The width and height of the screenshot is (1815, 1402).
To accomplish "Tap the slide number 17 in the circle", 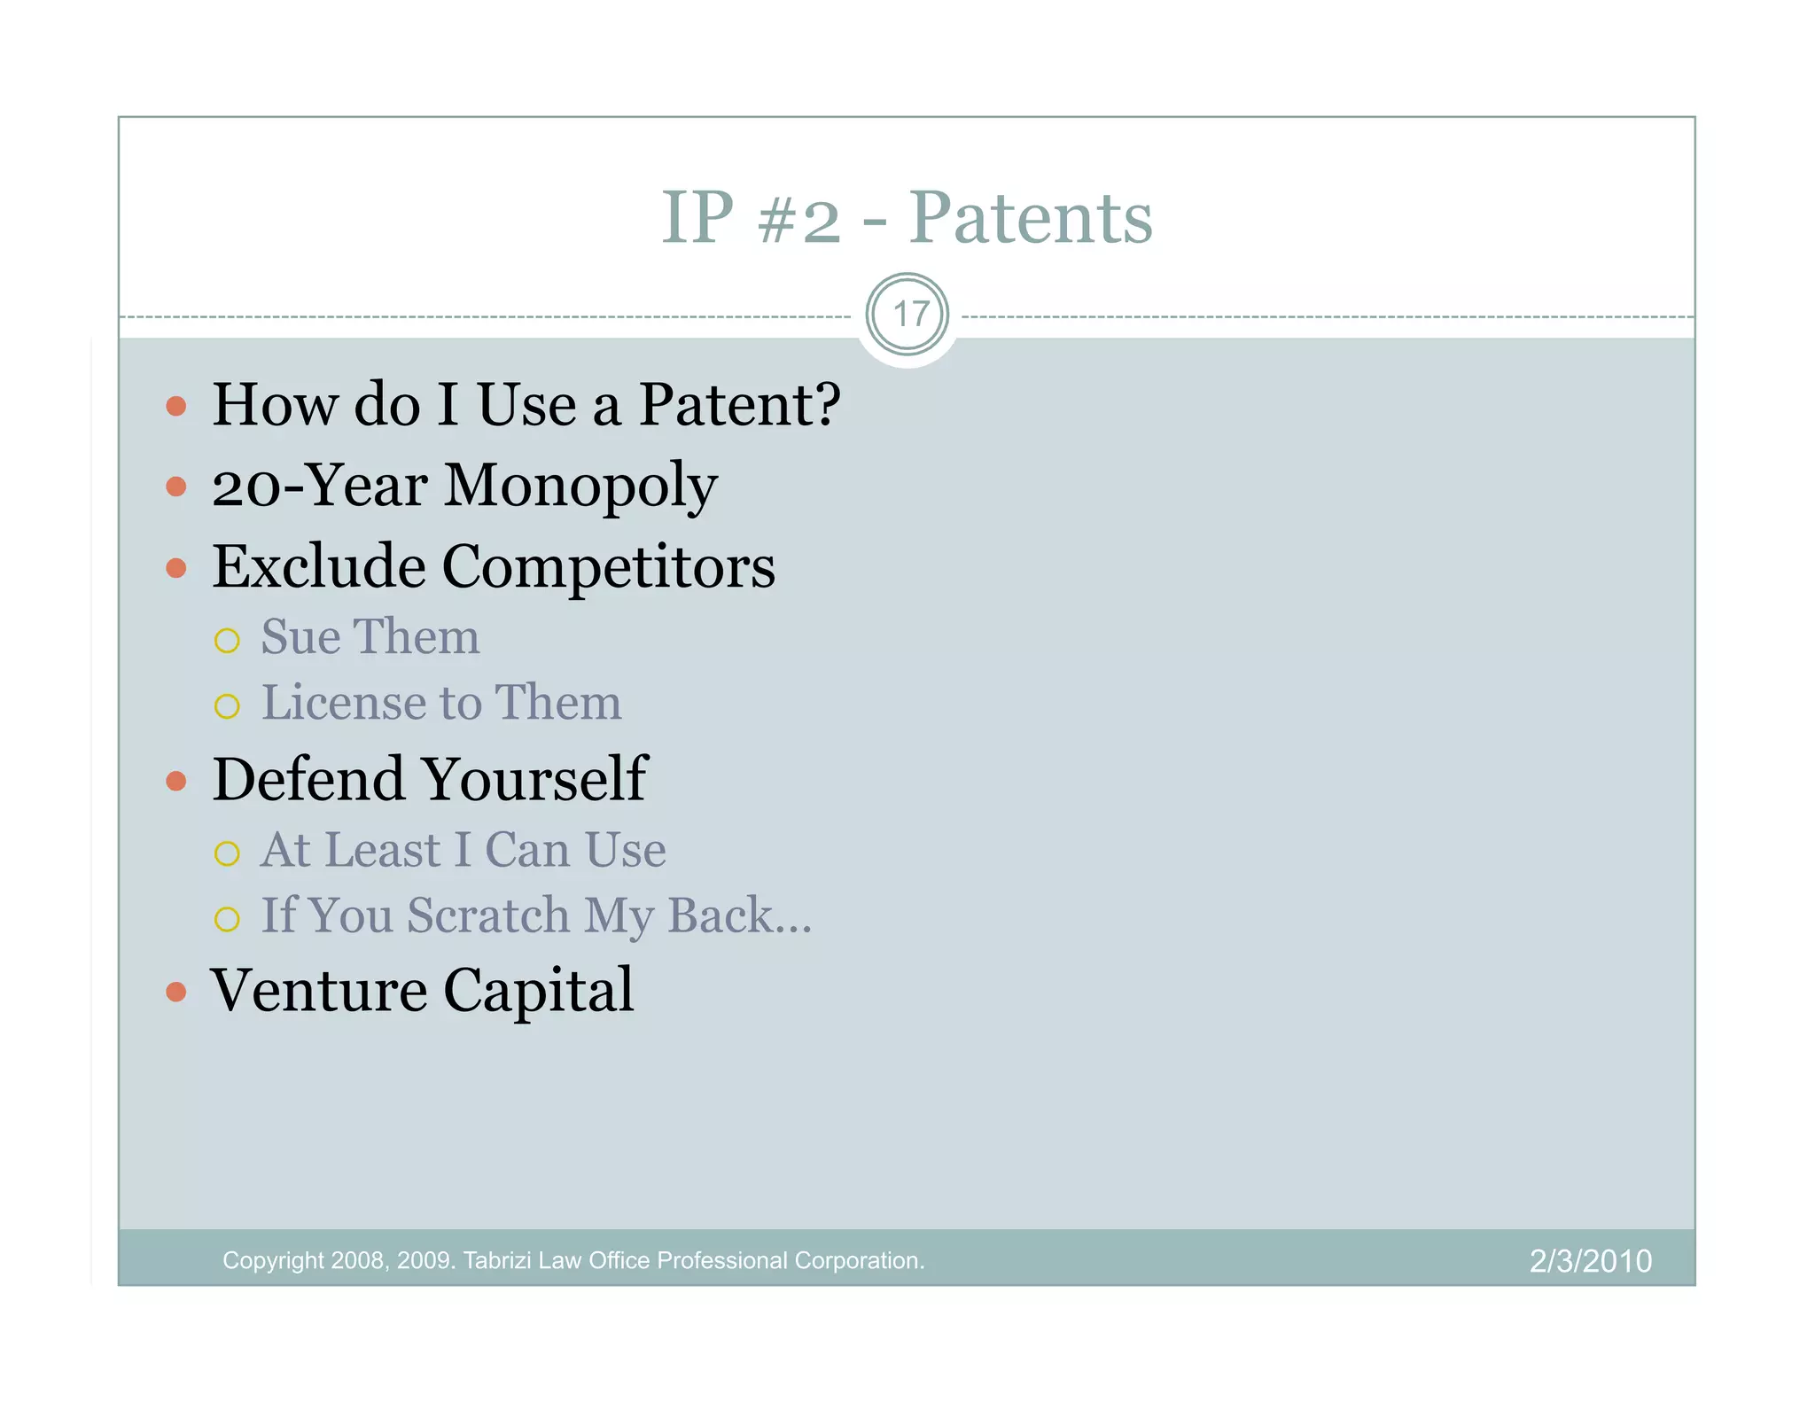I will (908, 315).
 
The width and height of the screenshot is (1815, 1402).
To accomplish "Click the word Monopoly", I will (580, 486).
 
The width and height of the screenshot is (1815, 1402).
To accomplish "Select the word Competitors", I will (608, 566).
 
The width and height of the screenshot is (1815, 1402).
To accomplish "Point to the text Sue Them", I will (370, 637).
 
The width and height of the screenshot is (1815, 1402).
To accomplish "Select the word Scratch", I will (488, 915).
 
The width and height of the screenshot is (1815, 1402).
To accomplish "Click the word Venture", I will (319, 991).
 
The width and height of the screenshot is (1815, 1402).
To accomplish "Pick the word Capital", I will (539, 991).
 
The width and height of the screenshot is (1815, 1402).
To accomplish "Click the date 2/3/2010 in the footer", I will (1591, 1261).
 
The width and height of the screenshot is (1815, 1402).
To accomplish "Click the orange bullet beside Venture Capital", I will (176, 992).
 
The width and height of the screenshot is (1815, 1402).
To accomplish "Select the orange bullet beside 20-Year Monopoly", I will (176, 487).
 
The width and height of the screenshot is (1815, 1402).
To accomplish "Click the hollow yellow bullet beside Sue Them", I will (227, 641).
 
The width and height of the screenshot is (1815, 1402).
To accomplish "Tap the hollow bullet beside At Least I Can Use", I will (227, 853).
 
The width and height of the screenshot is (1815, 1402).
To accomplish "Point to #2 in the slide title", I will (799, 219).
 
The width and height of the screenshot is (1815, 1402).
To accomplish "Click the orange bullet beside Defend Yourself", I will (176, 781).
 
